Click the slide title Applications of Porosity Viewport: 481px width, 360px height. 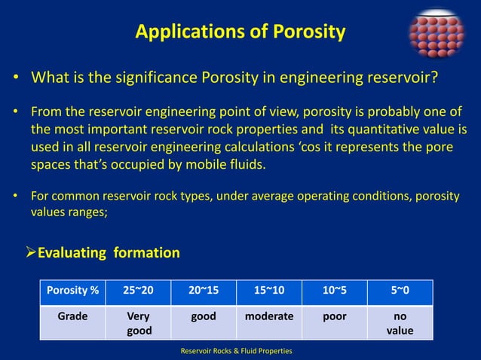(240, 32)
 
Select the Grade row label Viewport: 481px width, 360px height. (73, 317)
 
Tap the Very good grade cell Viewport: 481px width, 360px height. (139, 323)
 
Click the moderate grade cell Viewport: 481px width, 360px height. (268, 317)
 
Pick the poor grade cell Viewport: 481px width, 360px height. (335, 317)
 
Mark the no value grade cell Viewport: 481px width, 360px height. (400, 323)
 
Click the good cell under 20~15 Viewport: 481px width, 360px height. (203, 317)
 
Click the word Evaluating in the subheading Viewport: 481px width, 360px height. (72, 253)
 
